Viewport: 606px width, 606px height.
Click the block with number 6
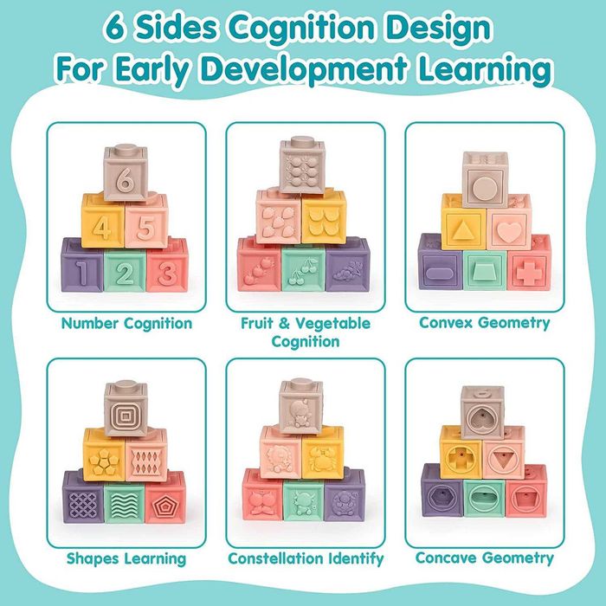tap(126, 173)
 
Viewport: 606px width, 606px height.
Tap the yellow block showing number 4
tap(103, 221)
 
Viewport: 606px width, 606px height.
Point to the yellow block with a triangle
tap(464, 222)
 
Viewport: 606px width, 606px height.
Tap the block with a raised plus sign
tap(529, 266)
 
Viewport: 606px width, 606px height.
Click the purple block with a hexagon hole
tap(442, 492)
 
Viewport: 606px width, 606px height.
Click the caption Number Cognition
tap(126, 324)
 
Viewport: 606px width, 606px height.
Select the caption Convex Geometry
tap(484, 323)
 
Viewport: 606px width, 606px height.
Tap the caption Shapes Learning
tap(126, 559)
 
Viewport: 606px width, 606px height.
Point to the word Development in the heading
tap(304, 69)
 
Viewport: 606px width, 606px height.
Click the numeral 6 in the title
tap(115, 28)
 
